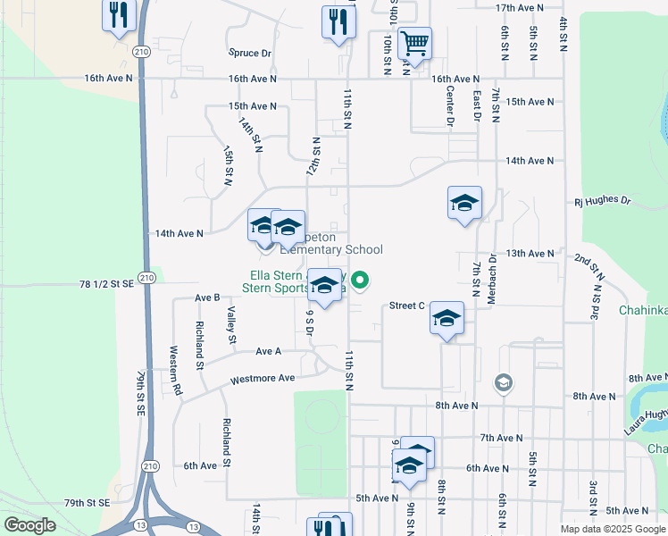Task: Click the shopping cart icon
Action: point(413,42)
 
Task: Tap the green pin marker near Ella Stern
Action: point(361,281)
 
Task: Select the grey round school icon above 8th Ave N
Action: point(504,382)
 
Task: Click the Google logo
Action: point(29,525)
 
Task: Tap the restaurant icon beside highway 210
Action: point(119,15)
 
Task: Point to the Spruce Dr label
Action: point(249,54)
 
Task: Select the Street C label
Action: point(406,306)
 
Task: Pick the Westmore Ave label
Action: point(263,378)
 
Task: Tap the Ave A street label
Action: point(268,352)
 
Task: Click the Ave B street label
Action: point(207,297)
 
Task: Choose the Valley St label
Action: point(231,325)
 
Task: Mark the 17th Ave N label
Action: point(519,7)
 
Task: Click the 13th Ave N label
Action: point(530,254)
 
